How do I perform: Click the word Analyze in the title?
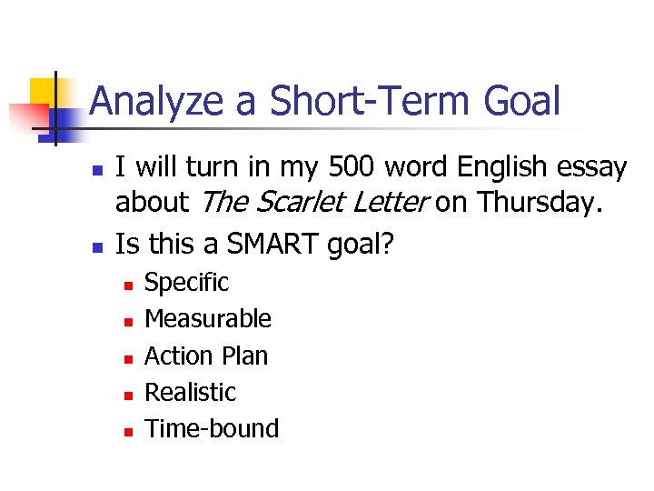coord(156,101)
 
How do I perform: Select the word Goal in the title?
coord(522,101)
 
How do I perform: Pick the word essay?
coord(592,168)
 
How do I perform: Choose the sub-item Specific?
coord(186,283)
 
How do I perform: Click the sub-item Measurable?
coord(208,319)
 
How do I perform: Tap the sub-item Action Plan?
coord(206,356)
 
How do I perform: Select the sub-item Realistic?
coord(190,392)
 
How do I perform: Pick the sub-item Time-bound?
coord(212,428)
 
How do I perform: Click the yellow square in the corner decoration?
coord(44,91)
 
